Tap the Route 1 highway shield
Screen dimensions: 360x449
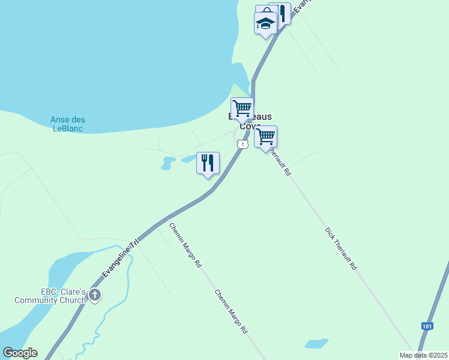(x=241, y=144)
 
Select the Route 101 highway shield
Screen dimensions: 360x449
(x=426, y=326)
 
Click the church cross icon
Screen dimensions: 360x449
(x=95, y=295)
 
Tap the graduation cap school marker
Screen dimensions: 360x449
(x=265, y=23)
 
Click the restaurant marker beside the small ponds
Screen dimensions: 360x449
(x=208, y=163)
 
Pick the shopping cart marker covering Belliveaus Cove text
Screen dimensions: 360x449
(x=242, y=108)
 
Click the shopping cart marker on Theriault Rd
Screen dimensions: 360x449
(x=265, y=137)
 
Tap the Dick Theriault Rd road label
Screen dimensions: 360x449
(x=341, y=248)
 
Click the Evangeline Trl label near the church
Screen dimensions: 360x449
(x=120, y=259)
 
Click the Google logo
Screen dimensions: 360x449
(x=20, y=352)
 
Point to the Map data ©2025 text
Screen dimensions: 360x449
(x=423, y=355)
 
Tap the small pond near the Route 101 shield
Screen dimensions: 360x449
(x=316, y=344)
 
